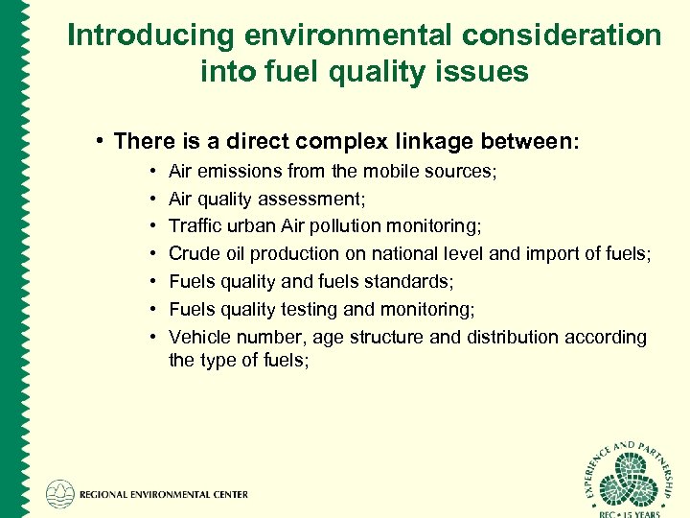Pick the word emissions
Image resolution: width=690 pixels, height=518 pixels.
coord(231,172)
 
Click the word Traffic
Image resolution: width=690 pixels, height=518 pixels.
coord(195,226)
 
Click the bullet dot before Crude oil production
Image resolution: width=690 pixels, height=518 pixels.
coord(155,254)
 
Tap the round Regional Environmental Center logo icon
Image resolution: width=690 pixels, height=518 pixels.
coord(60,493)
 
